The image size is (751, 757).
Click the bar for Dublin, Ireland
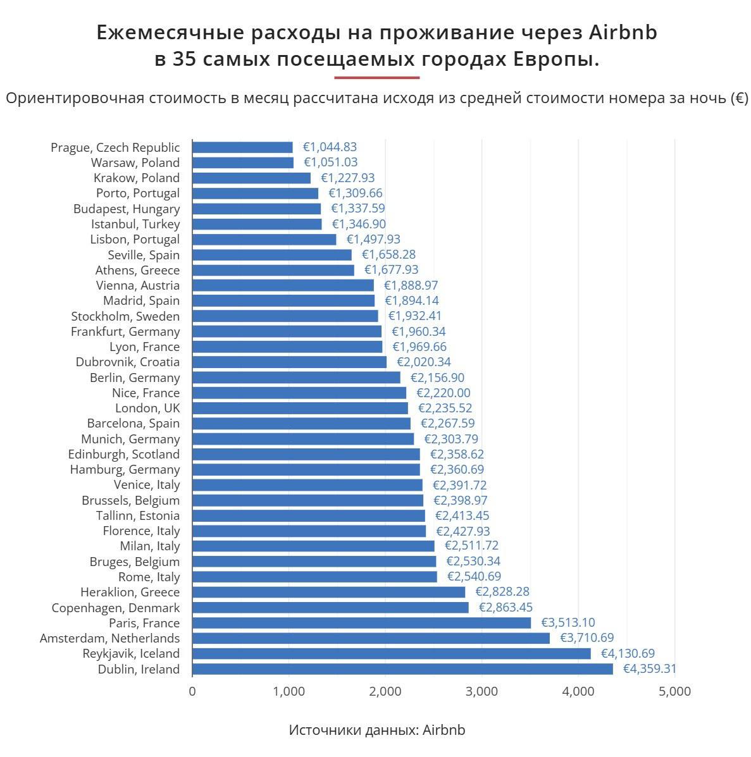click(x=402, y=669)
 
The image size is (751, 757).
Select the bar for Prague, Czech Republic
click(x=242, y=147)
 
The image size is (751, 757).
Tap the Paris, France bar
click(x=361, y=623)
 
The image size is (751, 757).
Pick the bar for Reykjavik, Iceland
click(x=391, y=653)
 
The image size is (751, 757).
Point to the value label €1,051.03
click(x=330, y=163)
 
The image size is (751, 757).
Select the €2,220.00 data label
click(x=443, y=393)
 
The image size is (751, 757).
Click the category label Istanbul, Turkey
click(x=135, y=224)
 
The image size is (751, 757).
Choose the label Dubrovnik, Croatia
click(x=128, y=362)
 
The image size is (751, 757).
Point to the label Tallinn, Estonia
click(x=138, y=515)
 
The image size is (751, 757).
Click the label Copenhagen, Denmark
click(x=116, y=608)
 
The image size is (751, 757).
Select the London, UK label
click(x=147, y=408)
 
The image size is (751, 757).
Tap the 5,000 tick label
click(x=675, y=692)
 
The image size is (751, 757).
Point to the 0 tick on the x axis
click(x=192, y=692)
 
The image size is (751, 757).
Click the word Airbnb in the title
click(x=623, y=33)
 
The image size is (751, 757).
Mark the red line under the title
click(x=376, y=78)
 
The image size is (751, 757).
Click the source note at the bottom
click(x=376, y=730)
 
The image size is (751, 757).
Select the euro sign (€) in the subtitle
click(x=739, y=99)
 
